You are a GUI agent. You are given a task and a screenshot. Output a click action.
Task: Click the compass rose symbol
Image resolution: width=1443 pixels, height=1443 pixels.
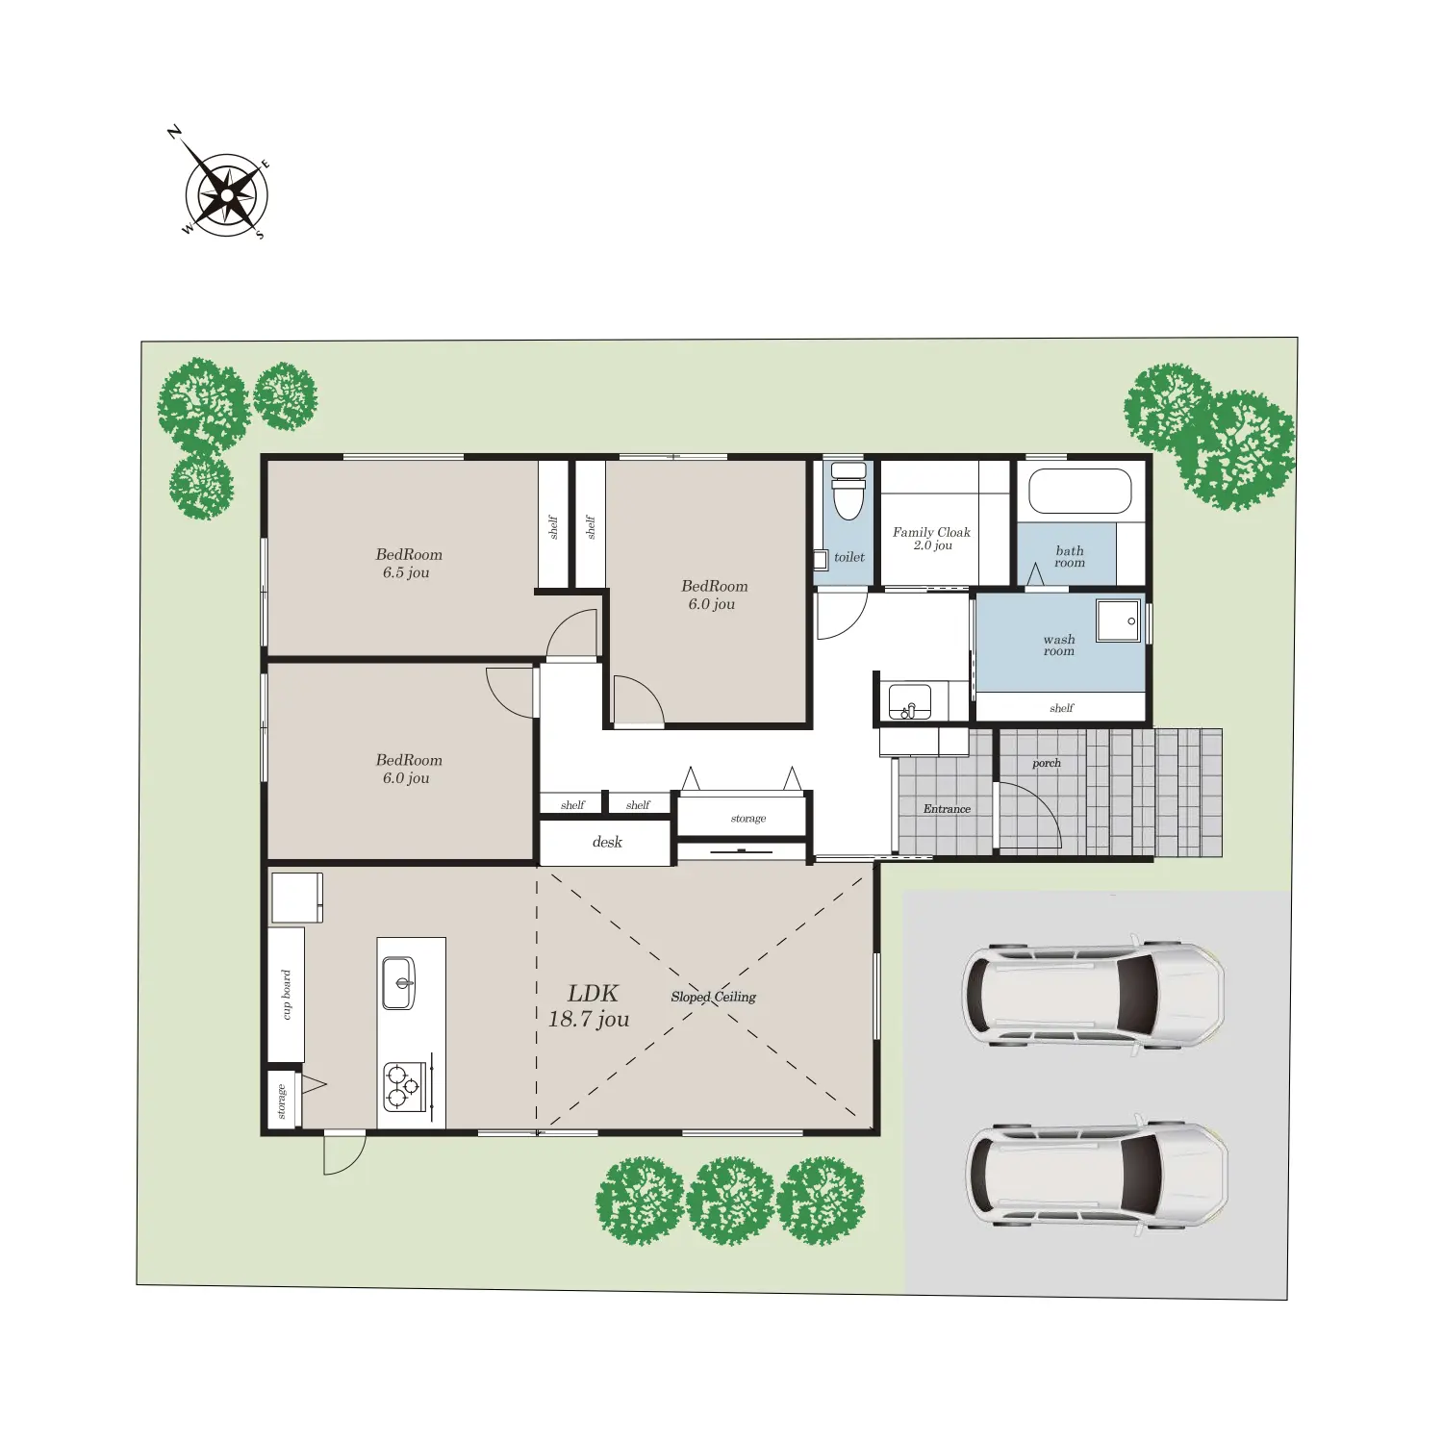226,194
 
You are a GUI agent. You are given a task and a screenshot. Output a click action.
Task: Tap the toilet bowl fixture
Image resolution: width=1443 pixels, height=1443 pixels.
848,491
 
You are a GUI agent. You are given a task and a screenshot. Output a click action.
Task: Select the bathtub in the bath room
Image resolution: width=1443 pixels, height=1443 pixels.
1080,491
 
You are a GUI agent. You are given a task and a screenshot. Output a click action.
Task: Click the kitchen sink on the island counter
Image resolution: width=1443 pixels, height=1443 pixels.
398,983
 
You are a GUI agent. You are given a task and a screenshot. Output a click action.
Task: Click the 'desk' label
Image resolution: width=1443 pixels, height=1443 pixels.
607,842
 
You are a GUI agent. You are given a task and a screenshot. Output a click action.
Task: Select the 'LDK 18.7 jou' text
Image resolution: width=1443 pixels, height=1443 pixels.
589,1006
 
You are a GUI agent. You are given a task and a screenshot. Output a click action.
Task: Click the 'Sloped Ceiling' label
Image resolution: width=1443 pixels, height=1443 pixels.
714,997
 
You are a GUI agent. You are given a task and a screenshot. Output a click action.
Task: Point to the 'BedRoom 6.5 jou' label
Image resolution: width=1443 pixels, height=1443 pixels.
408,563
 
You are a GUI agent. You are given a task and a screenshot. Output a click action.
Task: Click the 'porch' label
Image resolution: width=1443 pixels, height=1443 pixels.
1047,764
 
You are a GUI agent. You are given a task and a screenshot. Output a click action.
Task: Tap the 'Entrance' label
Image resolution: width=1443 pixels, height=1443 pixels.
947,809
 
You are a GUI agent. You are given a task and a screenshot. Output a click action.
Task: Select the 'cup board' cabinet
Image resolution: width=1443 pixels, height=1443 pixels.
286,995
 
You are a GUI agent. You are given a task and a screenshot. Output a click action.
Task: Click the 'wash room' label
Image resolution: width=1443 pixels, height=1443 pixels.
1059,645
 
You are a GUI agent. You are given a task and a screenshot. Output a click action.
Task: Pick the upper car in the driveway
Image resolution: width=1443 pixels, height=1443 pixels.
1094,993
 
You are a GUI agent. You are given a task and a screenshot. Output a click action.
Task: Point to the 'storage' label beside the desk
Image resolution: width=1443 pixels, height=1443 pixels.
748,819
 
